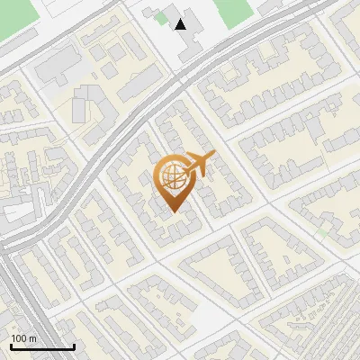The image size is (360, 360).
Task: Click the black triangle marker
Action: (x=182, y=24)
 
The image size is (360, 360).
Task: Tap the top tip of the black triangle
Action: (x=182, y=19)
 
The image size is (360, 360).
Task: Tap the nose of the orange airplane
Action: (x=214, y=157)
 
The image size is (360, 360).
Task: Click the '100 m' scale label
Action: (x=23, y=338)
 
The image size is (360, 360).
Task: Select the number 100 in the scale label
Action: (x=18, y=338)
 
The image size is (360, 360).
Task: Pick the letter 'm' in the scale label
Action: (x=32, y=338)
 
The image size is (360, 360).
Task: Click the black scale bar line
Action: (x=41, y=347)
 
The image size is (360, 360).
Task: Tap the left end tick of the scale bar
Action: (x=11, y=345)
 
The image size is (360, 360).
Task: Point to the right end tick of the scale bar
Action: (x=74, y=345)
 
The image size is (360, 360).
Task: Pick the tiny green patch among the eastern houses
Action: (x=321, y=233)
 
